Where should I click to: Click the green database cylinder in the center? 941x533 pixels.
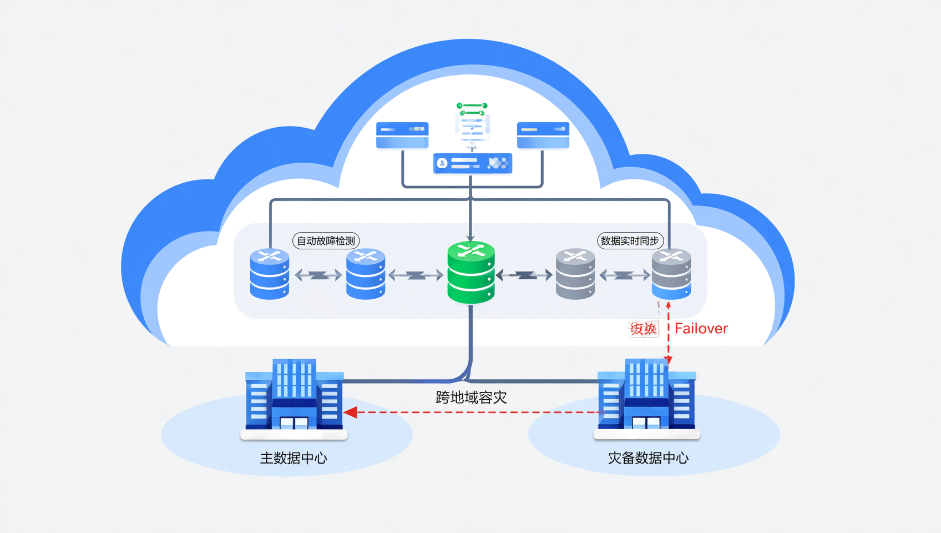(x=471, y=273)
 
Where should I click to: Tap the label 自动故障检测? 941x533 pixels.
(x=326, y=240)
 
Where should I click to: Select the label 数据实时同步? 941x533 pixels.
(x=630, y=240)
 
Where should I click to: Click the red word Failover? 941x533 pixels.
(x=701, y=329)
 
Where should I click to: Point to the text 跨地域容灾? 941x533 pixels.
(x=471, y=398)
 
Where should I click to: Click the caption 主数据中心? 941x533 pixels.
(x=294, y=458)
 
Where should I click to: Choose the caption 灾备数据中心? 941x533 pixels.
(x=648, y=458)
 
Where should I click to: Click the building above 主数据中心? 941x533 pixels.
(x=294, y=395)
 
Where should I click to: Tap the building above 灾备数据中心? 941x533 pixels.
(x=646, y=395)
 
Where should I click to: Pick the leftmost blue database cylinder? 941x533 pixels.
(x=270, y=274)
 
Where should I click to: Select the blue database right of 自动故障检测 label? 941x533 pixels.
(x=366, y=274)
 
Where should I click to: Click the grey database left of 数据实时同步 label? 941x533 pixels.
(x=575, y=274)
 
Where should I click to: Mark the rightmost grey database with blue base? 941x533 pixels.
(x=671, y=274)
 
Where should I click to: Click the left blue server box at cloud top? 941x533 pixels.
(x=402, y=135)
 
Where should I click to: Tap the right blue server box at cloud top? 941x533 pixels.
(x=543, y=135)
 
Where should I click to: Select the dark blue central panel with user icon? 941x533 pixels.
(x=472, y=163)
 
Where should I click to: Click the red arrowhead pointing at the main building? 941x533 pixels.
(x=351, y=412)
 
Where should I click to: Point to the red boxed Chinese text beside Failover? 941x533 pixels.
(x=644, y=329)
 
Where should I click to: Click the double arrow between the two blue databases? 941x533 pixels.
(x=318, y=275)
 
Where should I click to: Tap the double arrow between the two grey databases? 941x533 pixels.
(x=624, y=275)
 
